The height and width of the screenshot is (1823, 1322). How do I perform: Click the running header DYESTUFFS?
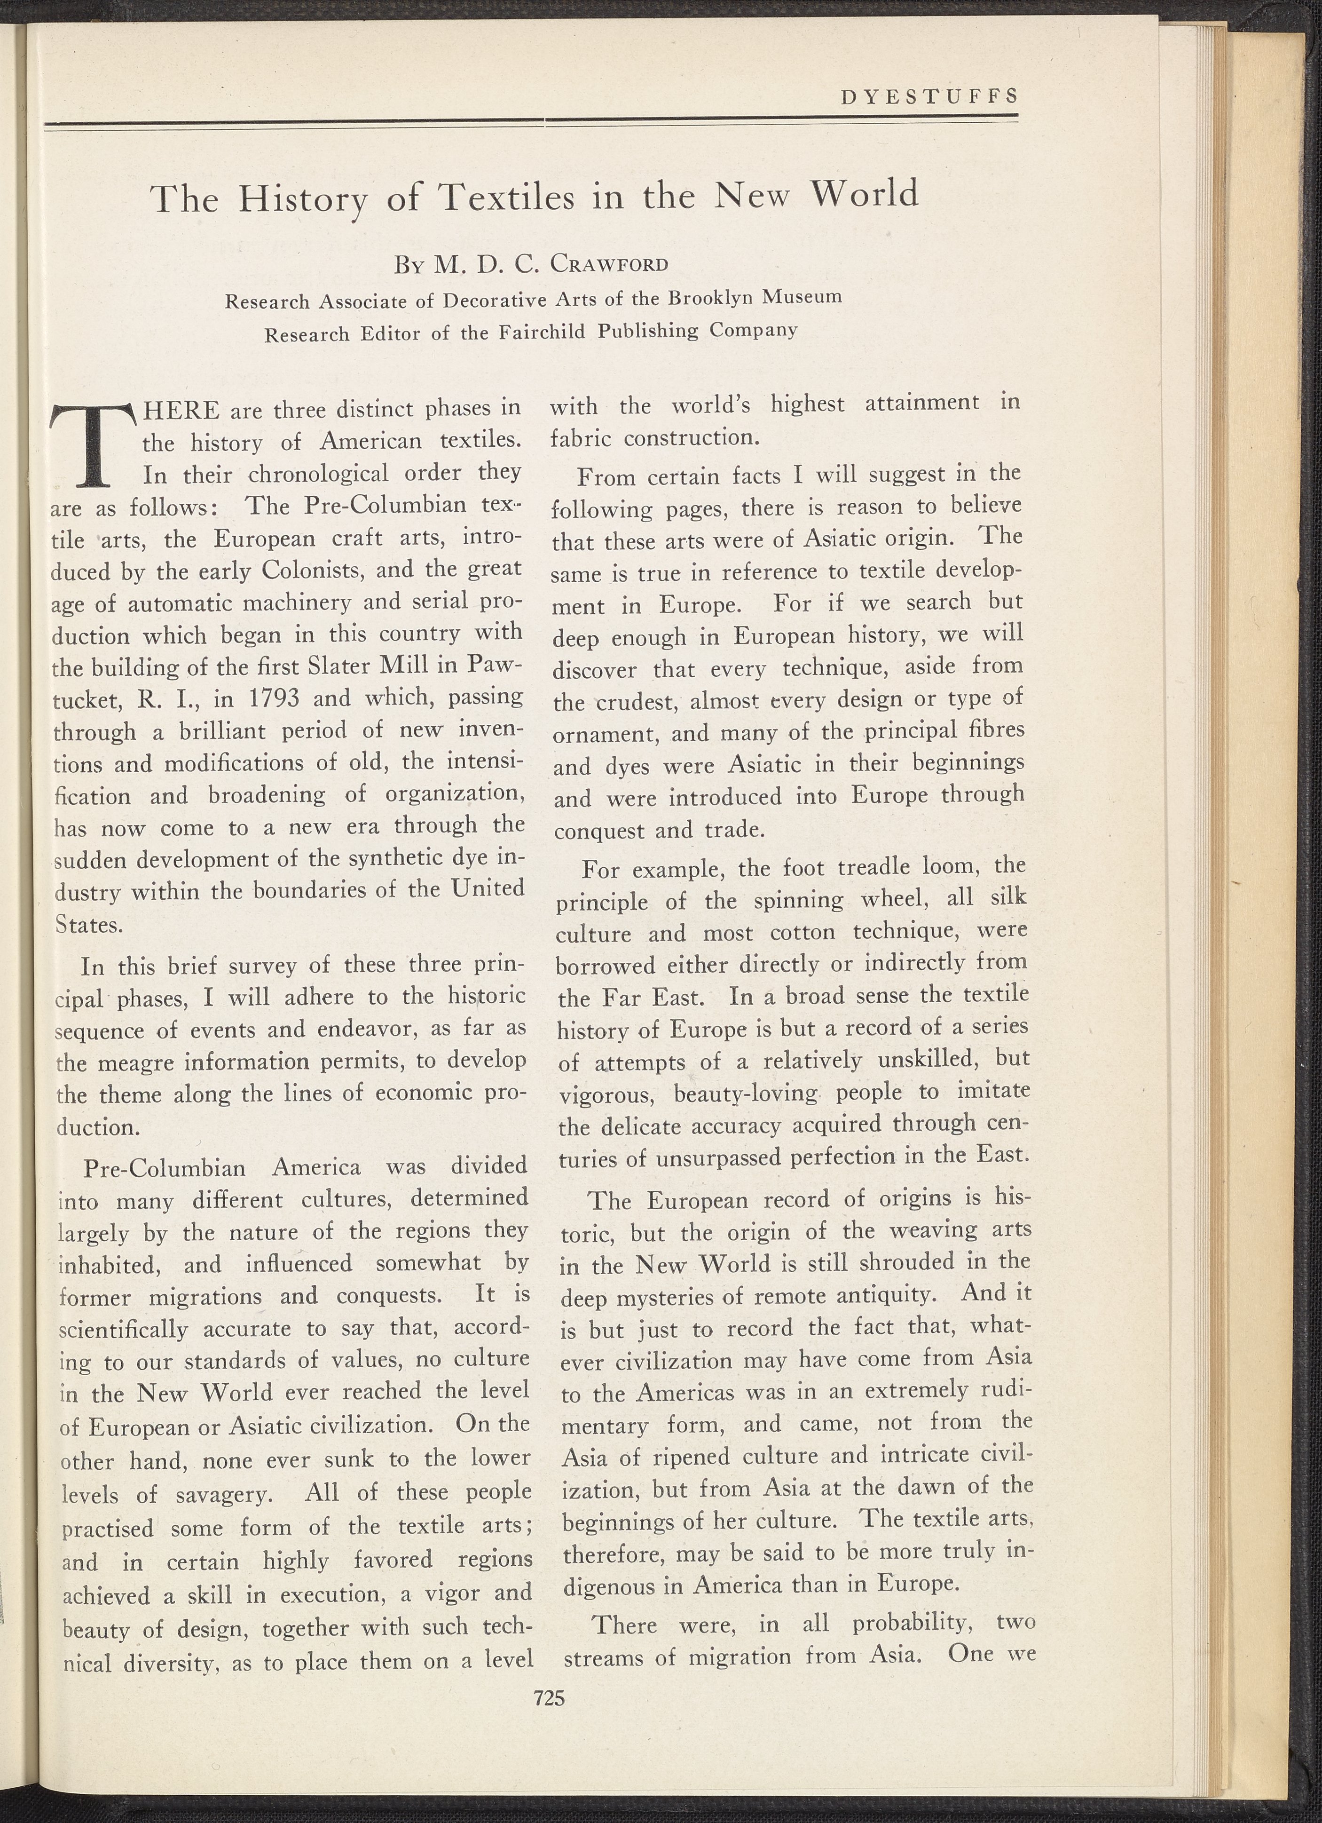[928, 96]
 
